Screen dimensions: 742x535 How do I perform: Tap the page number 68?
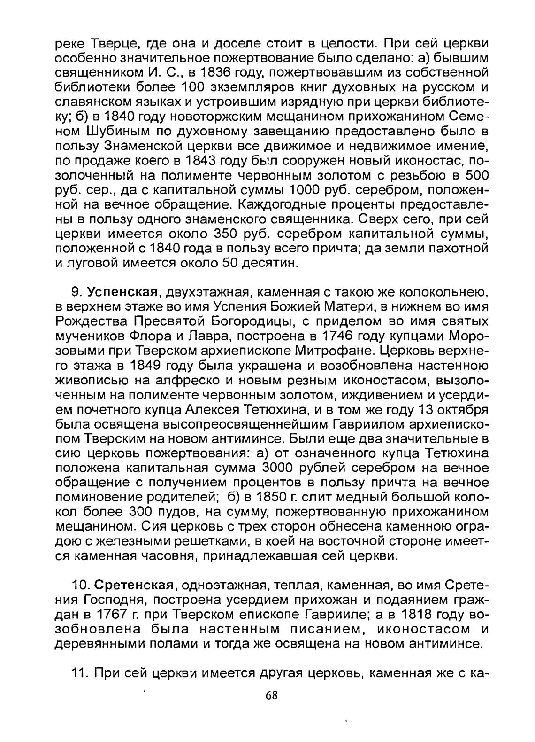(271, 696)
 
